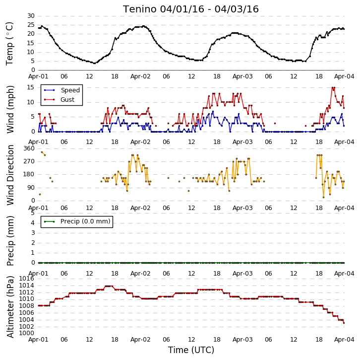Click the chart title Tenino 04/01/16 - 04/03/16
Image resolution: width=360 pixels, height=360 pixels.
pos(191,9)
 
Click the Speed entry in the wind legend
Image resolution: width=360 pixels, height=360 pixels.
pos(70,90)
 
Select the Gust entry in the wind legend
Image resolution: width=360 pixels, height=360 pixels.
pos(67,99)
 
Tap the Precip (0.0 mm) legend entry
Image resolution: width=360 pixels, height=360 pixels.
pos(85,221)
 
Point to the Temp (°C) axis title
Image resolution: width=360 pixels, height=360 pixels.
pos(9,44)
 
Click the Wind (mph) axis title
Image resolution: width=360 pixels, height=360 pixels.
pos(10,109)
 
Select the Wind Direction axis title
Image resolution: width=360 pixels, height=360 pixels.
pos(10,175)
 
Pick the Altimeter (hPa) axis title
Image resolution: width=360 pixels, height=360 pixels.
pos(10,307)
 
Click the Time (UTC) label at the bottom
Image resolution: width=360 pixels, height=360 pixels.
pos(191,350)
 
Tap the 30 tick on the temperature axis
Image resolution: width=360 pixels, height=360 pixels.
pos(31,16)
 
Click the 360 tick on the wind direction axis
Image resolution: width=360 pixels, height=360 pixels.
pos(29,148)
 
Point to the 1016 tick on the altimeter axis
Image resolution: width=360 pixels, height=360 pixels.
pos(27,279)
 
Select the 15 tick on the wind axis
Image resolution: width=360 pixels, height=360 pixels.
pos(31,87)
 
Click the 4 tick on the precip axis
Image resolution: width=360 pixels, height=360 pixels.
pos(33,223)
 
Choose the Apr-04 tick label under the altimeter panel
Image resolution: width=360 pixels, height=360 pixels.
pos(344,340)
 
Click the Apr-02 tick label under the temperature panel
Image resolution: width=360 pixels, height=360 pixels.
pos(140,76)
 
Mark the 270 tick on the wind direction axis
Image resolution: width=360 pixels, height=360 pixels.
pos(29,161)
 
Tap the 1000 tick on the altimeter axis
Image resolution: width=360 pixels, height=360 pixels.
pos(27,333)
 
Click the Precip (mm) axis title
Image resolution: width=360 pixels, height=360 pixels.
pos(10,241)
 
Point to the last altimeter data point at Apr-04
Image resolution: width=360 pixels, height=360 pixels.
pos(344,323)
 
